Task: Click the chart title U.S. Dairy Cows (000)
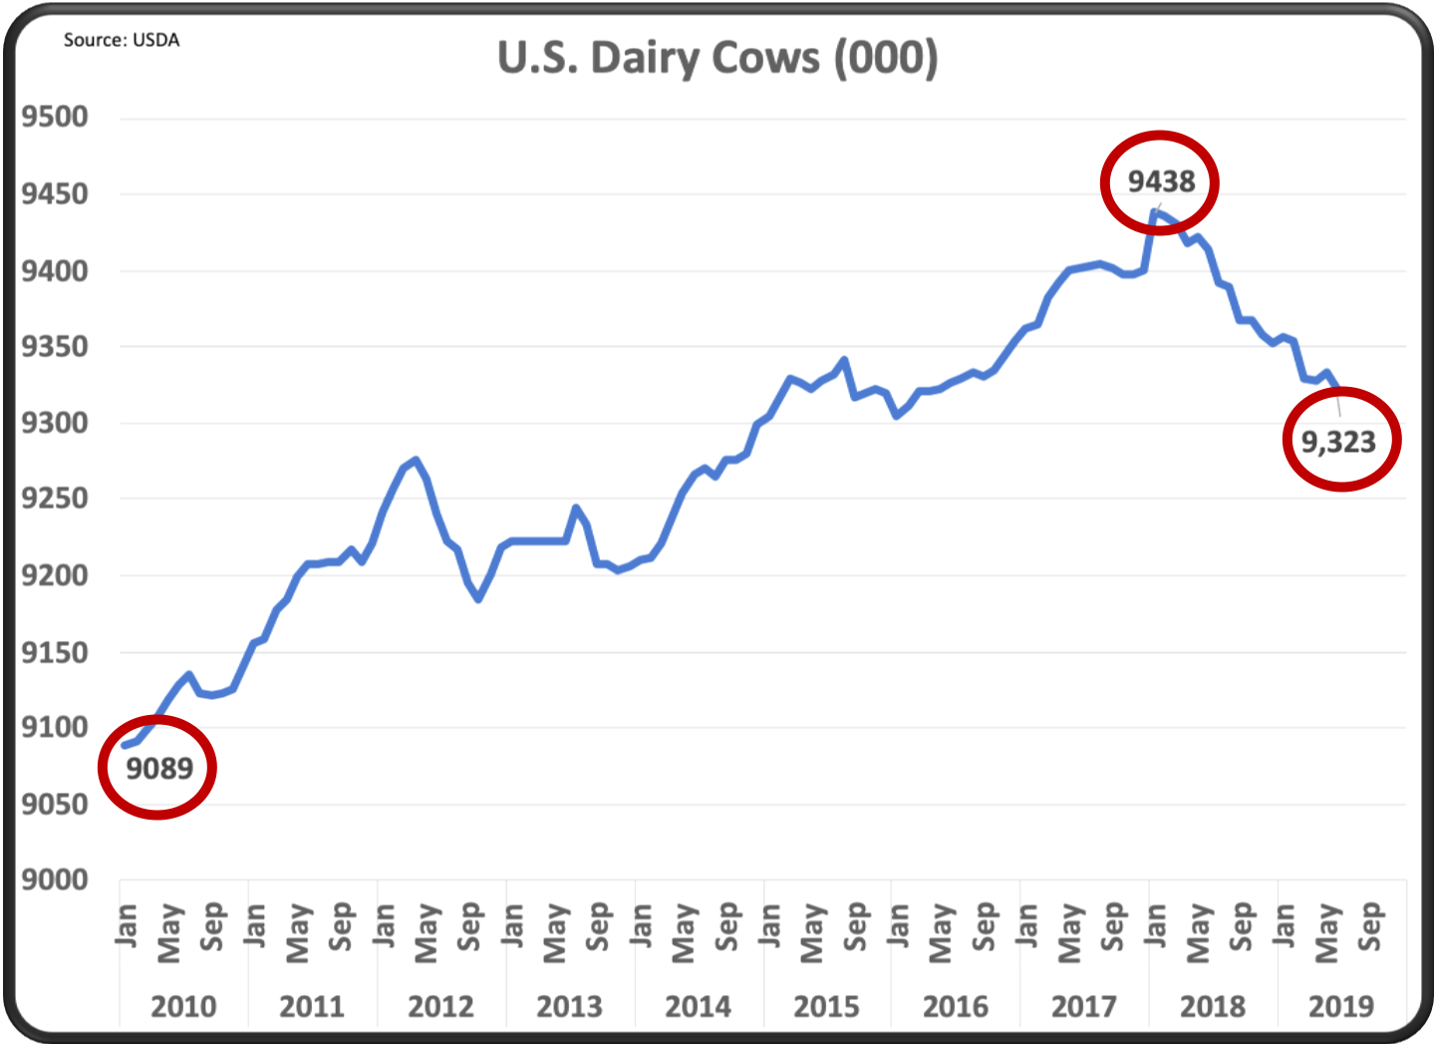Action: click(x=717, y=58)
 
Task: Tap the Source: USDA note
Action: click(x=122, y=40)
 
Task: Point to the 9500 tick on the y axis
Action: click(x=55, y=117)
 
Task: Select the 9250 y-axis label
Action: click(x=55, y=499)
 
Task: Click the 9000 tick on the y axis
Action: click(x=55, y=879)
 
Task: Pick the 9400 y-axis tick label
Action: click(x=55, y=270)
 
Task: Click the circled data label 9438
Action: click(x=1161, y=181)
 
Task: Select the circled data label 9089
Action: click(x=159, y=768)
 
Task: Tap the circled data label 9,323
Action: click(x=1338, y=442)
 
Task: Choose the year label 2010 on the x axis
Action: click(x=183, y=1006)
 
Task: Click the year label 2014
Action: click(x=698, y=1006)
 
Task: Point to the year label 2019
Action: click(x=1340, y=1006)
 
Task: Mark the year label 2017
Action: click(x=1083, y=1006)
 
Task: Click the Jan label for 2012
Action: click(x=384, y=924)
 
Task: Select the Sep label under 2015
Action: click(x=856, y=925)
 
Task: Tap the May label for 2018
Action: click(x=1199, y=933)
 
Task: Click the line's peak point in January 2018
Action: click(x=1154, y=211)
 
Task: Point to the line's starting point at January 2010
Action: click(x=125, y=745)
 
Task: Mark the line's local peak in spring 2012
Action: click(x=416, y=460)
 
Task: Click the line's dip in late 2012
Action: click(x=479, y=599)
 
